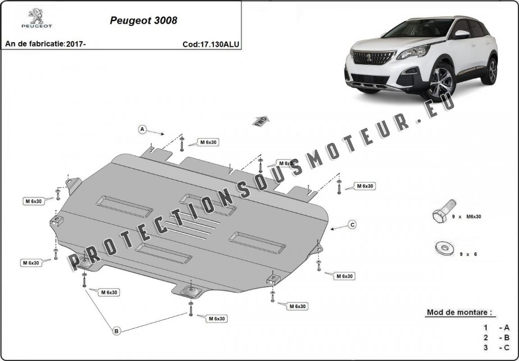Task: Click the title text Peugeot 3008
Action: coord(143,21)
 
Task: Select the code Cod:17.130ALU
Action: coord(210,44)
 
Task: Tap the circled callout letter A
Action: coord(142,129)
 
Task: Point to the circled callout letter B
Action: coord(116,331)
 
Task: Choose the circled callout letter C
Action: coord(352,224)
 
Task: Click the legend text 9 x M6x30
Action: coord(467,217)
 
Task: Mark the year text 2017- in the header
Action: coord(76,44)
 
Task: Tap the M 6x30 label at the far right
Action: coord(364,186)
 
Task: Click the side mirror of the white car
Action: coord(461,34)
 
